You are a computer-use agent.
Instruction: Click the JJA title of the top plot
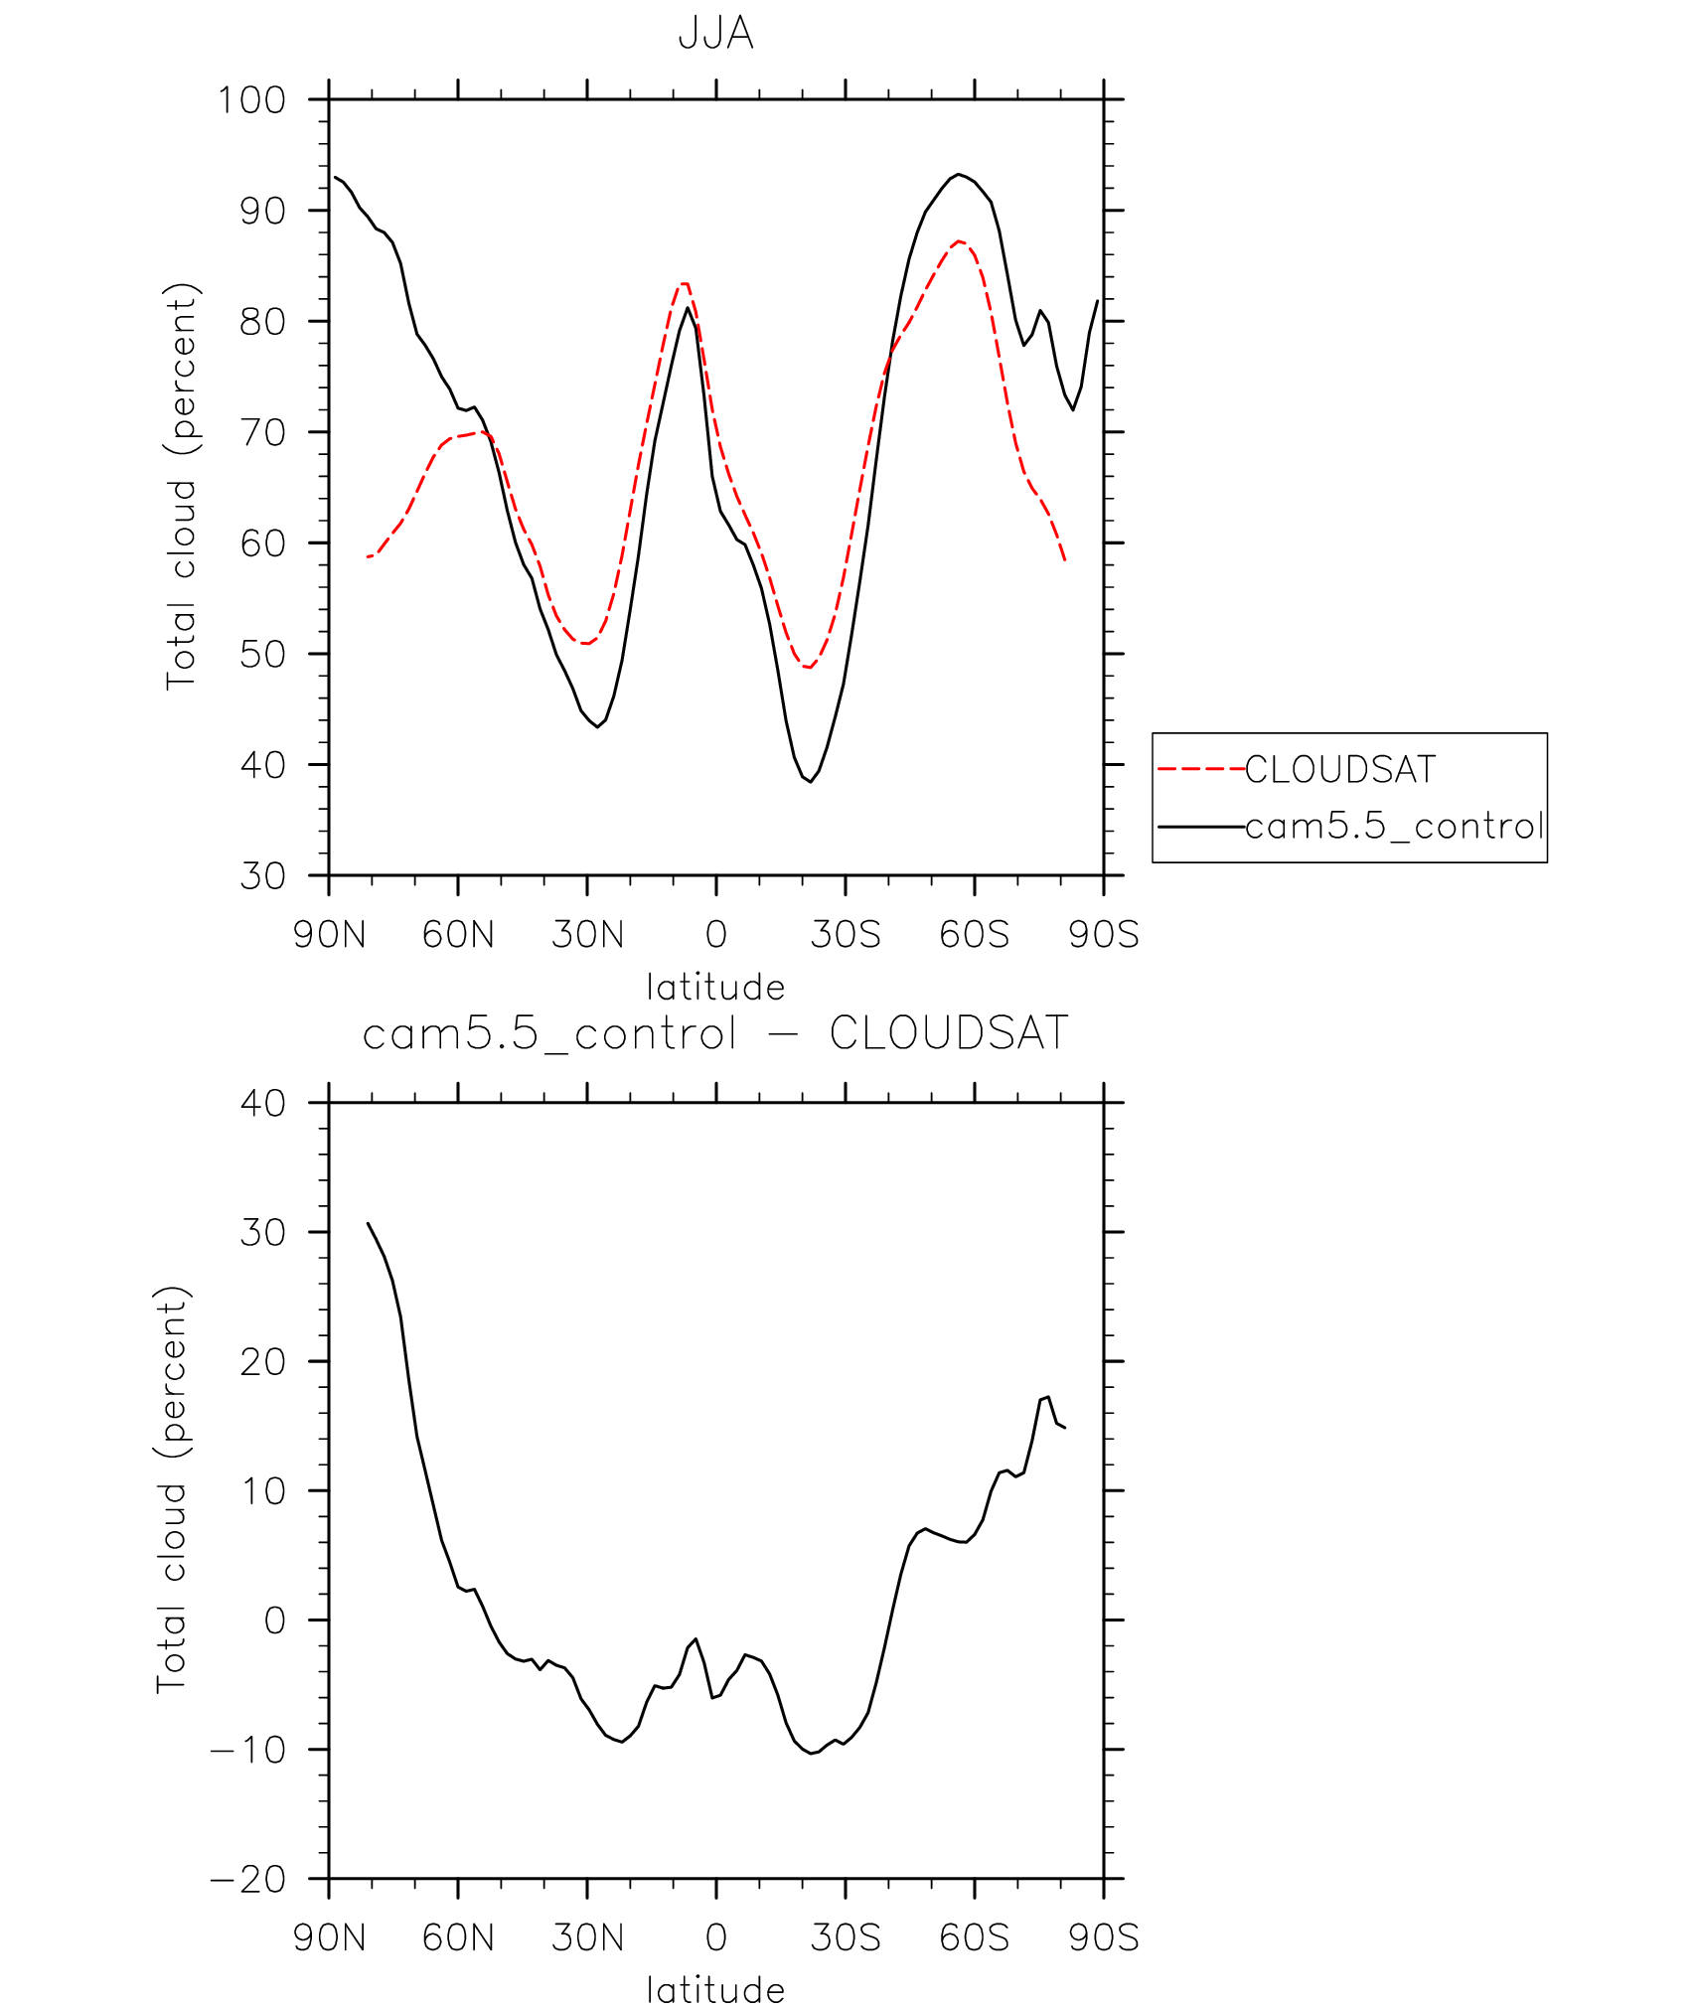click(715, 34)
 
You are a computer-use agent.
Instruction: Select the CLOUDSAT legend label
click(1339, 770)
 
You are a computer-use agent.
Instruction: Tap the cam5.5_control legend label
click(1393, 827)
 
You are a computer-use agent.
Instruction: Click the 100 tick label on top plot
click(251, 100)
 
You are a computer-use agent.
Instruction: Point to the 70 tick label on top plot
click(262, 433)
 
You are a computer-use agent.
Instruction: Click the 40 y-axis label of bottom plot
click(262, 1103)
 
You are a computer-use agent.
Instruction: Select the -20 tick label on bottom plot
click(248, 1880)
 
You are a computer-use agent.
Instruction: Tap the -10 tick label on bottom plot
click(248, 1750)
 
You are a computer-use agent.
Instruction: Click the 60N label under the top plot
click(458, 935)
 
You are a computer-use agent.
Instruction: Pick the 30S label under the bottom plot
click(846, 1938)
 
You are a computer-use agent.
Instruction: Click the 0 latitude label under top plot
click(715, 935)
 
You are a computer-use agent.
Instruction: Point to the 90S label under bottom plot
click(1104, 1938)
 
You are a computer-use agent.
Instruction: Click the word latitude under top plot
click(715, 988)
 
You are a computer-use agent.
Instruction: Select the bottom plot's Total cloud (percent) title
click(171, 1489)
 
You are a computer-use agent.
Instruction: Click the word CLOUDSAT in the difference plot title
click(948, 1033)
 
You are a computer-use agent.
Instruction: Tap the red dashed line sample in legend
click(1200, 769)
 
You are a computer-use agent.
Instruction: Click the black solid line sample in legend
click(1200, 827)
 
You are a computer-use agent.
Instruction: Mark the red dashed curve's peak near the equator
click(685, 283)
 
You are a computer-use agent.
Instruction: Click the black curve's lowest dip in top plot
click(811, 781)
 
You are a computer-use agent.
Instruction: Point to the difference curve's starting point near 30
click(368, 1223)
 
